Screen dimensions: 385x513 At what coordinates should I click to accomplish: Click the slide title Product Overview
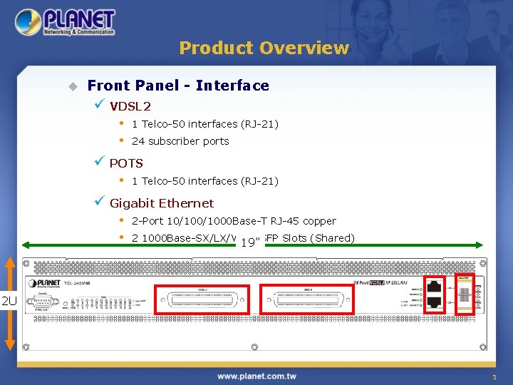coord(264,48)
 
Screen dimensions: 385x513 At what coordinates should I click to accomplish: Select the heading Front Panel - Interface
coord(178,86)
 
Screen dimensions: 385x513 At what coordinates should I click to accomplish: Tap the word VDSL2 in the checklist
coord(130,106)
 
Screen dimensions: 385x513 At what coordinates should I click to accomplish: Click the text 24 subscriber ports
coord(180,141)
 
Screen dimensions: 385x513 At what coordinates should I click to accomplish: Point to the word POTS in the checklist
coord(126,163)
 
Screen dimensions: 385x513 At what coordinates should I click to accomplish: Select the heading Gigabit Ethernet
coord(162,203)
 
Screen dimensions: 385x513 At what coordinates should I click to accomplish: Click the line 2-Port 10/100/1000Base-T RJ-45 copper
coord(234,221)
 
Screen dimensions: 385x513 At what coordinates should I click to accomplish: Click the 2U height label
coord(9,300)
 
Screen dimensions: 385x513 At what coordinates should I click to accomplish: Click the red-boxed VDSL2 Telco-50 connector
coord(202,299)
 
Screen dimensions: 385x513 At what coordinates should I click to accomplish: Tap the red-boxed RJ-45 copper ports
coord(435,293)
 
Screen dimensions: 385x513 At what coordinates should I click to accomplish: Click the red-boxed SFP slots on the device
coord(465,293)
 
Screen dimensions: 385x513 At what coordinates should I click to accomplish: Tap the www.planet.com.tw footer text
coord(263,376)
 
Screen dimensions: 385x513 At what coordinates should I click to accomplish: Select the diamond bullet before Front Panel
coord(72,86)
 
